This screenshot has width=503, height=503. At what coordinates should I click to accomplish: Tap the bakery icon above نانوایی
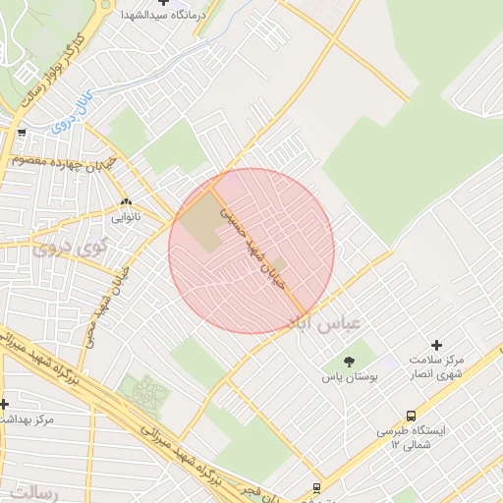tap(126, 202)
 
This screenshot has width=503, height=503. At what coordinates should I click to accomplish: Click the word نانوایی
tap(126, 215)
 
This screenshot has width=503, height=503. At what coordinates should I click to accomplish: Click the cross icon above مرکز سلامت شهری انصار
tap(437, 346)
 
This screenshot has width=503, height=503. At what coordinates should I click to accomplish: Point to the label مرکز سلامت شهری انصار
tap(436, 366)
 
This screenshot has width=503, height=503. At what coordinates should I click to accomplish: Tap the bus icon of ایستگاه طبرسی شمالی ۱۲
tap(411, 417)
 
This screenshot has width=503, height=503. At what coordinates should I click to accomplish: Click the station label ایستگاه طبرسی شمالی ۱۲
tap(410, 438)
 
